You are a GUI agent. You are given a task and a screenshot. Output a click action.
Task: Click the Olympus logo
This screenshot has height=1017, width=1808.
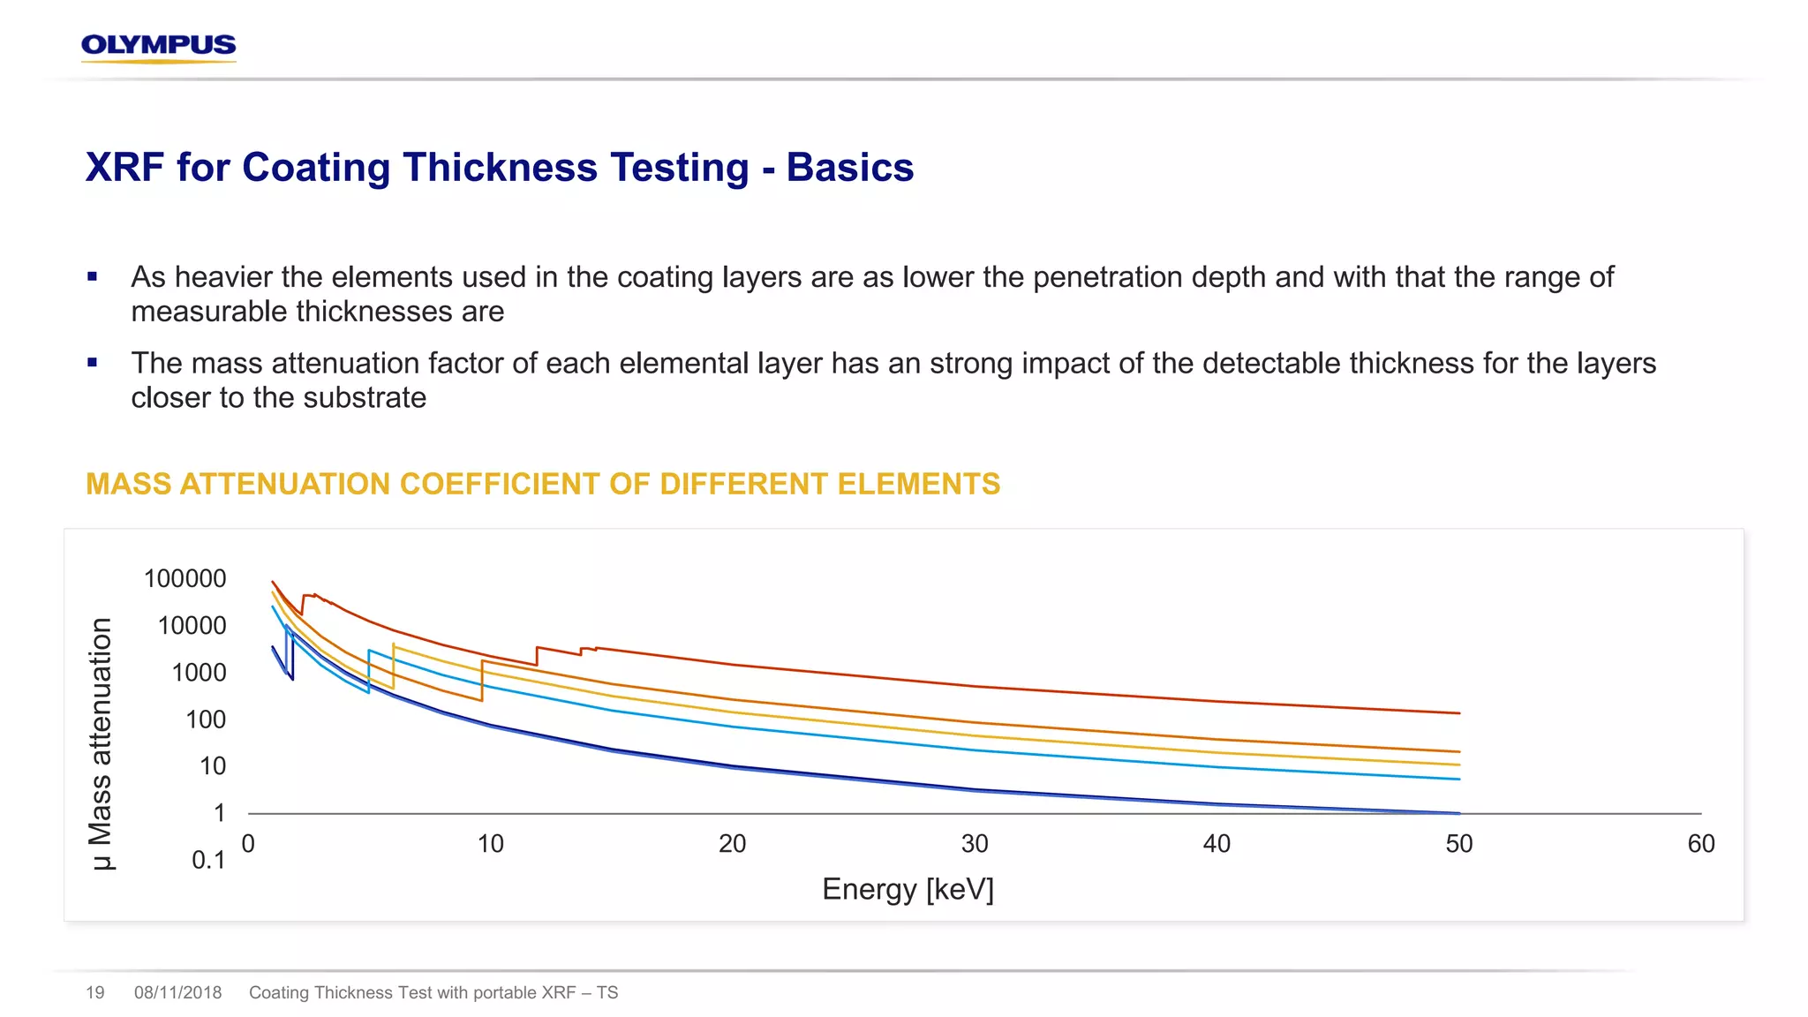(x=158, y=47)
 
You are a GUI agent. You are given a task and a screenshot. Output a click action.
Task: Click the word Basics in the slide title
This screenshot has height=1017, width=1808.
(x=849, y=168)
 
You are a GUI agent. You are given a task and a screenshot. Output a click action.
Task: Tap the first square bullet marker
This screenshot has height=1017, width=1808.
(x=92, y=277)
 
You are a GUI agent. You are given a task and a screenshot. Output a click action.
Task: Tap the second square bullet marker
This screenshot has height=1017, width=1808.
(x=92, y=363)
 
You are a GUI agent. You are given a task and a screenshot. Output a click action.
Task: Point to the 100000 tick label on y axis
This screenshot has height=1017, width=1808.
(x=185, y=579)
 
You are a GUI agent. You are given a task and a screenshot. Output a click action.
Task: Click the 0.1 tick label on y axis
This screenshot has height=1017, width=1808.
(x=208, y=860)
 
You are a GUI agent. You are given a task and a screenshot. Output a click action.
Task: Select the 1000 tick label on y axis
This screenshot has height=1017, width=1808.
(x=199, y=673)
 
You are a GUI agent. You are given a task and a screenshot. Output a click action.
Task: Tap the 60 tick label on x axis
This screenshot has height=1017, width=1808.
(x=1700, y=844)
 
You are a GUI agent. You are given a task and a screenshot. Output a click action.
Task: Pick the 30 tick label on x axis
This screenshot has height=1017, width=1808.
(x=974, y=844)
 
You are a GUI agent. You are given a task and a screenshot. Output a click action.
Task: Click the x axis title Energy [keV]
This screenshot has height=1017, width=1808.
(x=908, y=889)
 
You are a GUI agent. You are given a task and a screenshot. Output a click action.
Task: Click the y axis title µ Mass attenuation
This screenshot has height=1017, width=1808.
(x=102, y=743)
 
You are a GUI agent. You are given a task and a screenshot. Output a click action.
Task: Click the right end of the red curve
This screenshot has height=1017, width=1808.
(x=1458, y=712)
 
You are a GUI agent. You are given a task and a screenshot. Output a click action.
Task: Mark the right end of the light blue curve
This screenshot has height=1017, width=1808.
(x=1458, y=779)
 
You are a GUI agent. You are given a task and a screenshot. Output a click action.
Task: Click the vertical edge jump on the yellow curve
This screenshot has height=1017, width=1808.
(x=393, y=667)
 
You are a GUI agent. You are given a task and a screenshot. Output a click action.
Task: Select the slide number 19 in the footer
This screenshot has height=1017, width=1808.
(x=95, y=992)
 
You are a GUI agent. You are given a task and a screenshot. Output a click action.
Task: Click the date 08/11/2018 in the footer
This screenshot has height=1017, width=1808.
(x=177, y=992)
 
